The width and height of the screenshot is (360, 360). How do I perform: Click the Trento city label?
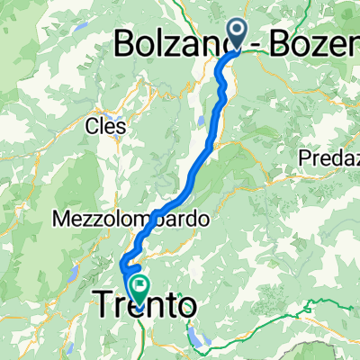point(144,307)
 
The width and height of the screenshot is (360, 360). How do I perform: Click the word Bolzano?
point(171,42)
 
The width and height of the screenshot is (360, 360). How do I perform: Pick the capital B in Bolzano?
point(130,42)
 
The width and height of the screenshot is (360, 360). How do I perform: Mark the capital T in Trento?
point(104,307)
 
